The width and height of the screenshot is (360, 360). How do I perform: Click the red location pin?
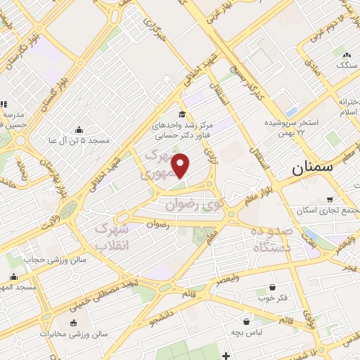pos(181,165)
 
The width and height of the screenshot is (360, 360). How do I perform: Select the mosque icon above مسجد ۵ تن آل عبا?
pos(78,129)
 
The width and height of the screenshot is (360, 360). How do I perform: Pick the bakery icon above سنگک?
pos(345,54)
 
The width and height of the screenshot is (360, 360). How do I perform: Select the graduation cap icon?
pos(181,115)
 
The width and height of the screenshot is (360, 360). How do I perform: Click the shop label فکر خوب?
pos(272,298)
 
